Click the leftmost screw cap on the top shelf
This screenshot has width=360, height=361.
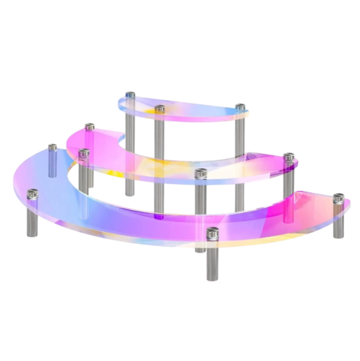click(130, 95)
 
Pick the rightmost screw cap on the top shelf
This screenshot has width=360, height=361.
click(240, 108)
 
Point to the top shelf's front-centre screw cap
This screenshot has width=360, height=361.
click(160, 109)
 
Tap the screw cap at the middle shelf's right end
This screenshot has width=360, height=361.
click(289, 157)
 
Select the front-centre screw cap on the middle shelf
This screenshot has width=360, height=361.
click(201, 173)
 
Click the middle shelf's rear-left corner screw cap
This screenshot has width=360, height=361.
click(89, 128)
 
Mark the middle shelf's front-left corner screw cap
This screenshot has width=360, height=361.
click(84, 152)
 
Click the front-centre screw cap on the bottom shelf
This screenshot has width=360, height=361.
click(213, 232)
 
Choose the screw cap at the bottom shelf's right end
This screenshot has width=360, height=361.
click(338, 194)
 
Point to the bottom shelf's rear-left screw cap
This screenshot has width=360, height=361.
click(52, 149)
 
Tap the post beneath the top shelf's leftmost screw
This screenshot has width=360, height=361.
click(130, 127)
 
